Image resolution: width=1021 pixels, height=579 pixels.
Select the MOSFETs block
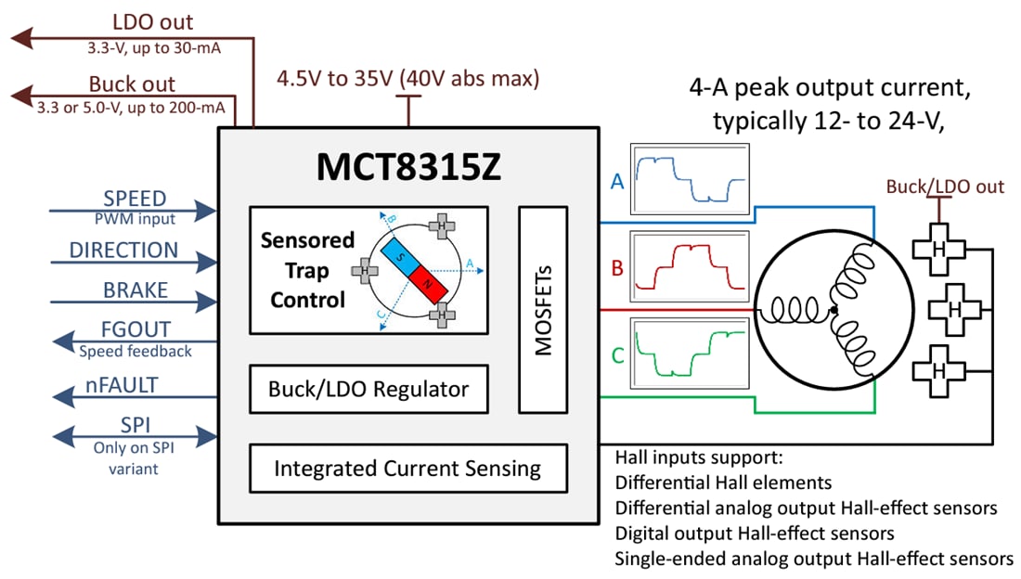point(543,311)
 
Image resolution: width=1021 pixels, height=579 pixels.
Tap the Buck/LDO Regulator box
point(368,389)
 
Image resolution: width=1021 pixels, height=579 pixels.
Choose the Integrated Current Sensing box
point(407,469)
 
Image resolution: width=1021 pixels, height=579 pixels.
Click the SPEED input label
point(135,199)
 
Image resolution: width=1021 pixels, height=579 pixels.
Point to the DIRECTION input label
point(123,251)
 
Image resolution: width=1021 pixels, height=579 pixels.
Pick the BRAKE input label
point(136,290)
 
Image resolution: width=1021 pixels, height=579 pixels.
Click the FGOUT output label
point(136,330)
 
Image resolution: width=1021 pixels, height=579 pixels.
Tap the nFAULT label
point(127,385)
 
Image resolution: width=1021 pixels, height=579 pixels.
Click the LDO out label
point(153,22)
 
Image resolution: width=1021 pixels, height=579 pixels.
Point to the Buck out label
point(132,84)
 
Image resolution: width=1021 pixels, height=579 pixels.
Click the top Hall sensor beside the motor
point(938,250)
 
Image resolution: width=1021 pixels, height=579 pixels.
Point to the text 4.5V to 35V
point(335,79)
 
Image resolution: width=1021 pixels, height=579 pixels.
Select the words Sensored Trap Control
point(307,270)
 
